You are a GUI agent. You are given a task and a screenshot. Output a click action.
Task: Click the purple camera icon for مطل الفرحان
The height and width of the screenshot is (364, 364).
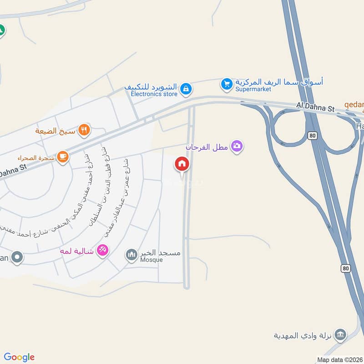point(237,146)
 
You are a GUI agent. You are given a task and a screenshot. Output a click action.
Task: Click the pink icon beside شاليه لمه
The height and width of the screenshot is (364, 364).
point(102,250)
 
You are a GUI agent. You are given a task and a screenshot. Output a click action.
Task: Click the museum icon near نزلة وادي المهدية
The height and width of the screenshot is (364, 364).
point(339,336)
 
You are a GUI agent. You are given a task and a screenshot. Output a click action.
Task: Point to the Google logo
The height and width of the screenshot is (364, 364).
point(19,357)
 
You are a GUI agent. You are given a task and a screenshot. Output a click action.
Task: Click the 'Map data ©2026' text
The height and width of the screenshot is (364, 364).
point(339,359)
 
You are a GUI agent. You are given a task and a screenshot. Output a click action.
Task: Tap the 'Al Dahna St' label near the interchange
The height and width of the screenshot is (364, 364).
point(315,106)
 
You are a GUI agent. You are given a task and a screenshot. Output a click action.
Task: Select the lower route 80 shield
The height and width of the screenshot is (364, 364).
point(346,268)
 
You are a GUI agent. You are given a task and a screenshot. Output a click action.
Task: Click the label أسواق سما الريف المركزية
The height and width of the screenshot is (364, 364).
point(279,82)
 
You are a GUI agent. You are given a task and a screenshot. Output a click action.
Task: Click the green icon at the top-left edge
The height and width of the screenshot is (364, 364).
point(1,30)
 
